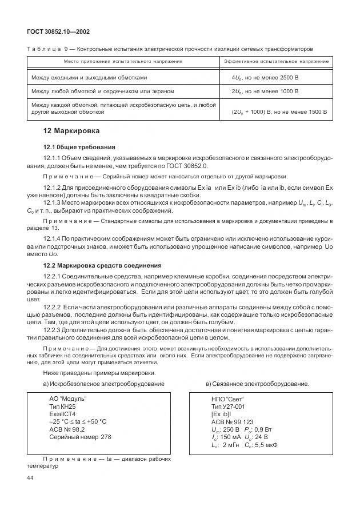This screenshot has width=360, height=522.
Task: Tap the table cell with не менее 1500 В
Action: click(x=279, y=113)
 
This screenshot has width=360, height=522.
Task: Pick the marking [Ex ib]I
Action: click(x=224, y=414)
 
